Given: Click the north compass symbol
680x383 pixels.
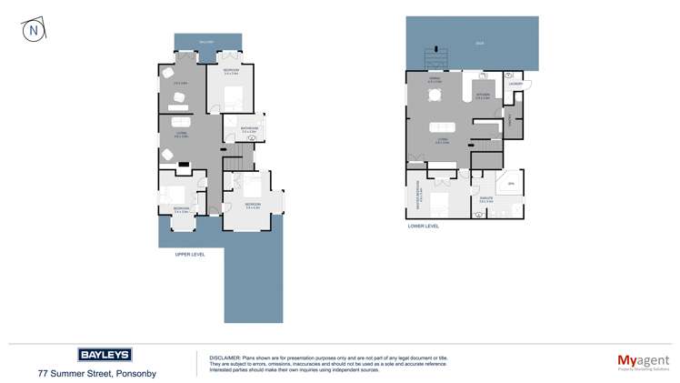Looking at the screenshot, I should [x=34, y=30].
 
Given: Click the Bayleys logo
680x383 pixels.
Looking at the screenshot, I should [x=105, y=354].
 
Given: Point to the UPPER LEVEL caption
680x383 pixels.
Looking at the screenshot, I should [x=190, y=255].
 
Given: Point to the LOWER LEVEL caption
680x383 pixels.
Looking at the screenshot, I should [x=424, y=226].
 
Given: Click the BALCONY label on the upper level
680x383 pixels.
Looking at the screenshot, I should [x=206, y=42].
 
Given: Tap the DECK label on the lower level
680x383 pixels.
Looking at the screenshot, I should [x=479, y=43].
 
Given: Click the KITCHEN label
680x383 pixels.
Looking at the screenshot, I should [x=484, y=95].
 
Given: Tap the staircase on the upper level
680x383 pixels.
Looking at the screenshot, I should [x=234, y=162].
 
